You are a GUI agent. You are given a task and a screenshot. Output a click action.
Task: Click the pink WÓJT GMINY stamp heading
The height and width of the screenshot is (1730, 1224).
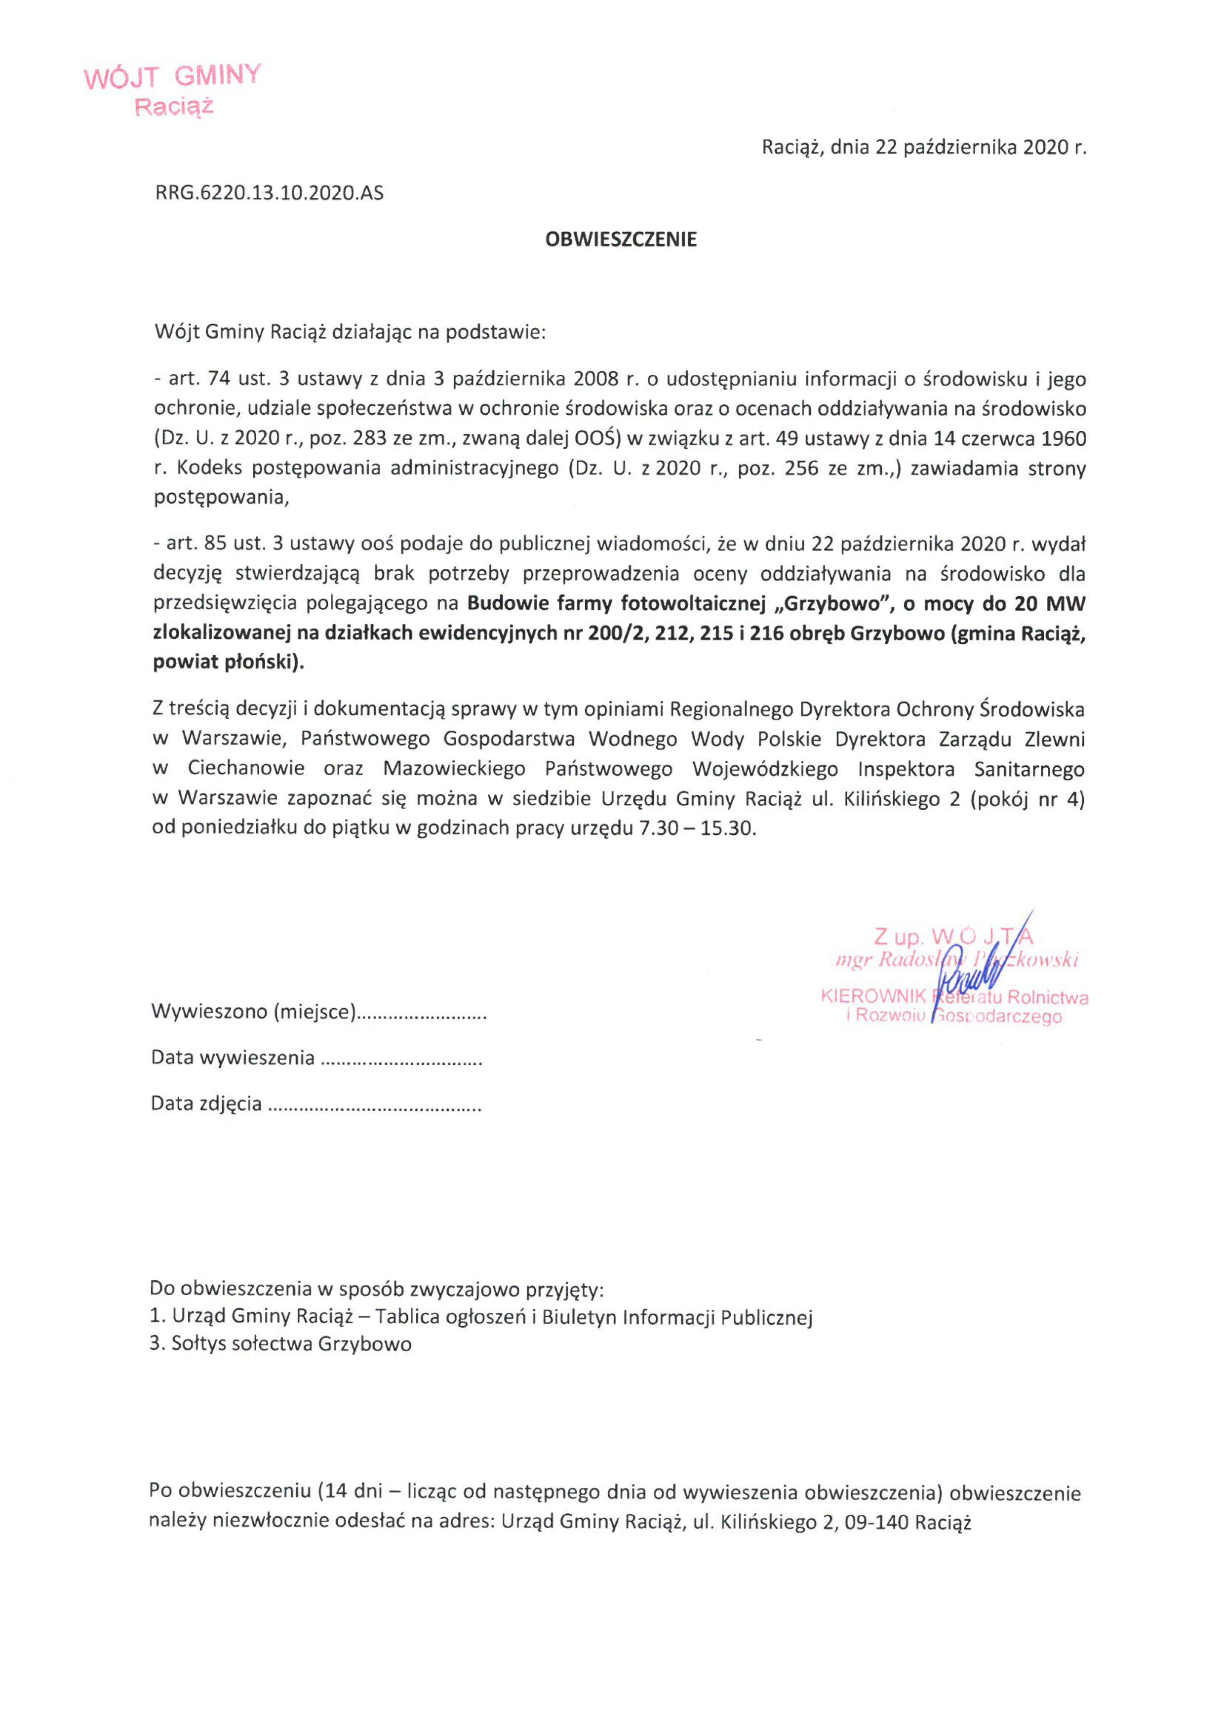pyautogui.click(x=173, y=77)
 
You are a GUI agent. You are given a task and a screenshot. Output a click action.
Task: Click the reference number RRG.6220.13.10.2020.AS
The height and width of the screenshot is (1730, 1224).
pyautogui.click(x=269, y=194)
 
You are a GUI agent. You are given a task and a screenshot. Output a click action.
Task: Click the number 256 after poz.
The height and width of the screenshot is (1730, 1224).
pyautogui.click(x=800, y=468)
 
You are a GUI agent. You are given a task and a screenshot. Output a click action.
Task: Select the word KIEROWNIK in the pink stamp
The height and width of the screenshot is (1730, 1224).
pyautogui.click(x=873, y=996)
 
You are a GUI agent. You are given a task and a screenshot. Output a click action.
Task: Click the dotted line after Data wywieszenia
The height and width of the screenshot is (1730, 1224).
pyautogui.click(x=401, y=1059)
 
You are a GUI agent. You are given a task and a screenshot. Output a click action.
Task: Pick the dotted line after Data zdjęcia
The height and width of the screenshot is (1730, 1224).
pyautogui.click(x=375, y=1104)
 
